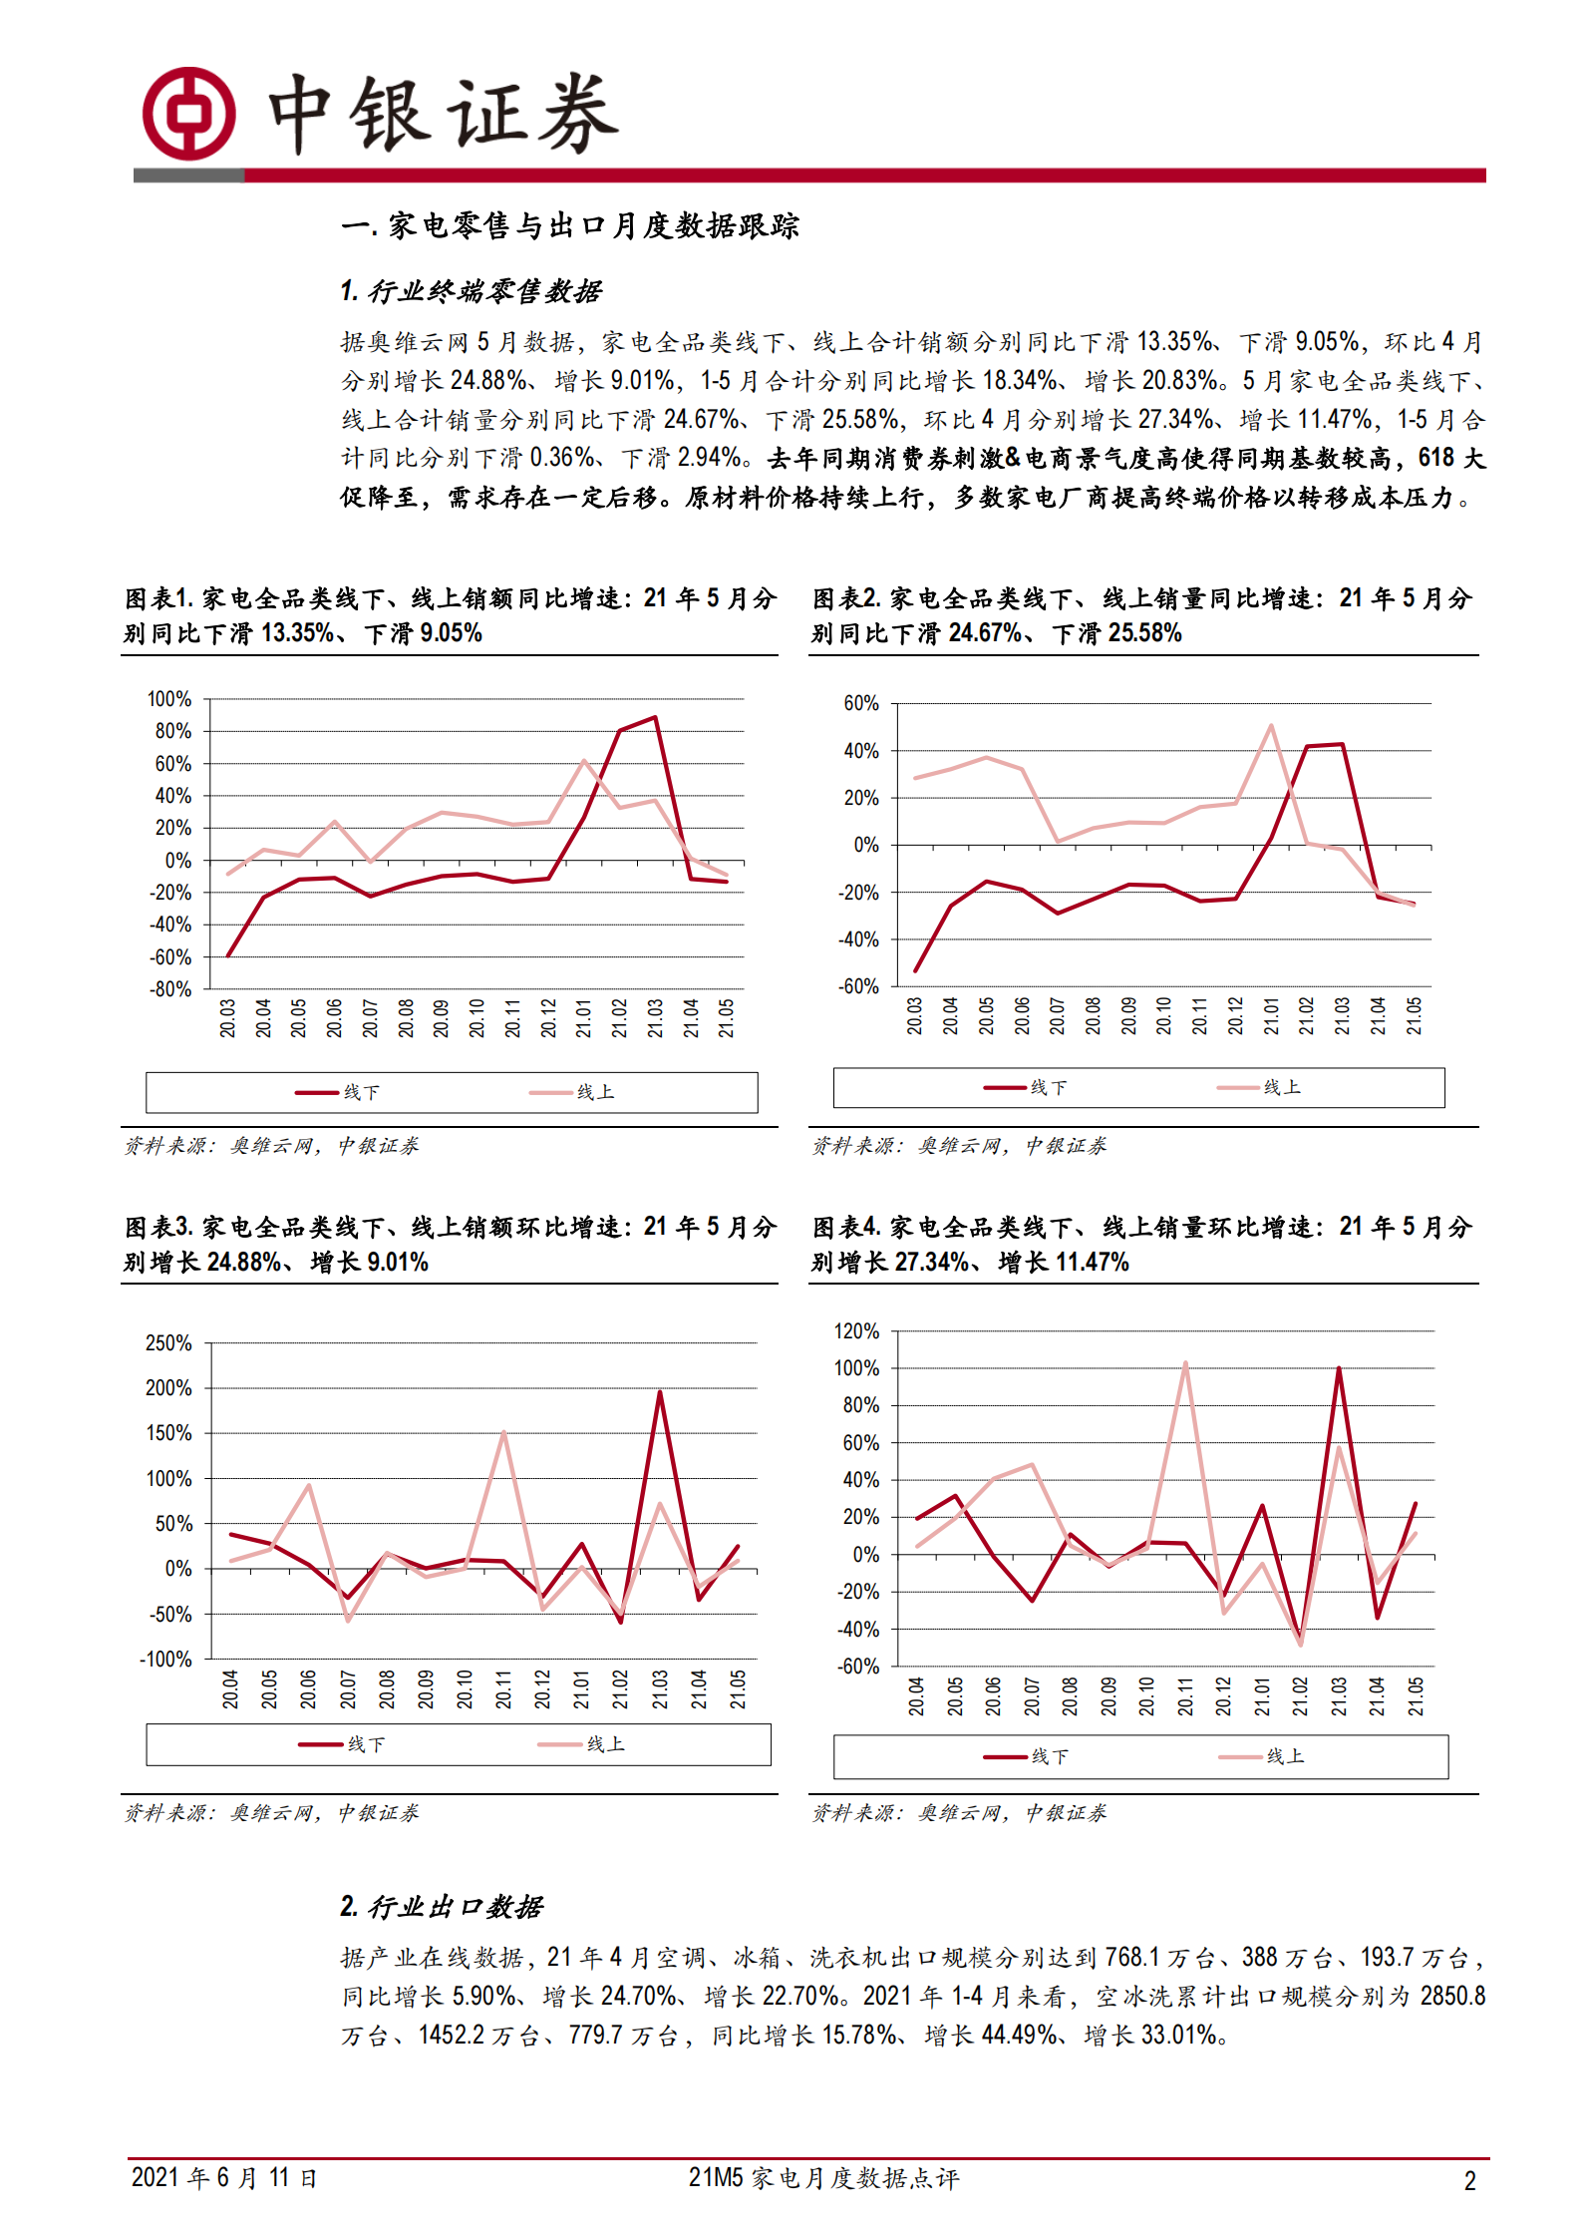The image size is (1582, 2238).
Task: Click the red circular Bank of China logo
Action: tap(188, 113)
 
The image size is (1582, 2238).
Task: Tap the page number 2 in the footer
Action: tap(1469, 2181)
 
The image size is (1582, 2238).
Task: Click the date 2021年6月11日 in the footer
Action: tap(223, 2177)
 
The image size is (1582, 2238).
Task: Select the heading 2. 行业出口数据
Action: tap(441, 1907)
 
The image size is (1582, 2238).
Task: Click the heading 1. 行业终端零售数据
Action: tap(470, 291)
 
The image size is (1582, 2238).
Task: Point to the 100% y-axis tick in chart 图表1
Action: tap(168, 699)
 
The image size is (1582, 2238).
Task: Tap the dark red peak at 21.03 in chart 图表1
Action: tap(655, 717)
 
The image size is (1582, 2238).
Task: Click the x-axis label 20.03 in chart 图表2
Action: tap(915, 1015)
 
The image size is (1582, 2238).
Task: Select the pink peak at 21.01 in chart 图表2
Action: tap(1271, 725)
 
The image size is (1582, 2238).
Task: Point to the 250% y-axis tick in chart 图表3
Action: tap(167, 1343)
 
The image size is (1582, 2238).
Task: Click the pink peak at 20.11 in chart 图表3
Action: tap(503, 1433)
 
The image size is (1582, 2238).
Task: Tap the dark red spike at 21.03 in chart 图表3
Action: tap(660, 1391)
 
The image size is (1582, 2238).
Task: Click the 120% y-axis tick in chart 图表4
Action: tap(856, 1331)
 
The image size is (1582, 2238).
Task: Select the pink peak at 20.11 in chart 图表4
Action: tap(1185, 1362)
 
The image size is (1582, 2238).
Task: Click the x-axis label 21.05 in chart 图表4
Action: tap(1416, 1695)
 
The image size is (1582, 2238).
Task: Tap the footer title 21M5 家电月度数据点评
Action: tap(823, 2178)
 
